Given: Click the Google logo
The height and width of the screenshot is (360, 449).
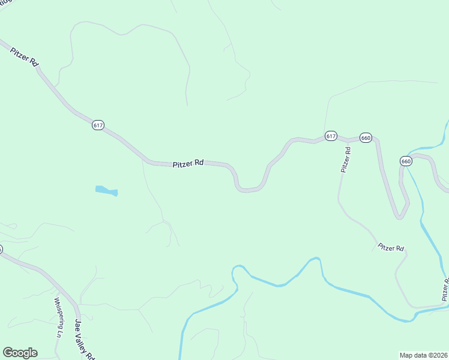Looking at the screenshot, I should tap(20, 353).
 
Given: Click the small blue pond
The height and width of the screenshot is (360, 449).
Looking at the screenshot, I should tap(106, 191).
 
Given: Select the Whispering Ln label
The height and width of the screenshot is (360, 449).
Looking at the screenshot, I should tap(58, 318).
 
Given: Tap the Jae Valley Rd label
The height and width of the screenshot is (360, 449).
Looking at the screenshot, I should tap(85, 339).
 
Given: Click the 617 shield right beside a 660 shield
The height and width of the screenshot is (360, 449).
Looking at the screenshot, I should tap(331, 136).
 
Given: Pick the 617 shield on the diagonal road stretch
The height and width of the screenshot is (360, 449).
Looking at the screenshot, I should tap(98, 125).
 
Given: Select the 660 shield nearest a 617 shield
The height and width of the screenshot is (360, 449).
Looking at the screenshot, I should tap(366, 138).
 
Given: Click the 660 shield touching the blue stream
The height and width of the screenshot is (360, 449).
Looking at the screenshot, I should tap(406, 161).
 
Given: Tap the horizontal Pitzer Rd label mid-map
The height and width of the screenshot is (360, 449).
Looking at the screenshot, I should tap(188, 163).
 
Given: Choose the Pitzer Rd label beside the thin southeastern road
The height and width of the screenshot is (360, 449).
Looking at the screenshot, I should tap(391, 248).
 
